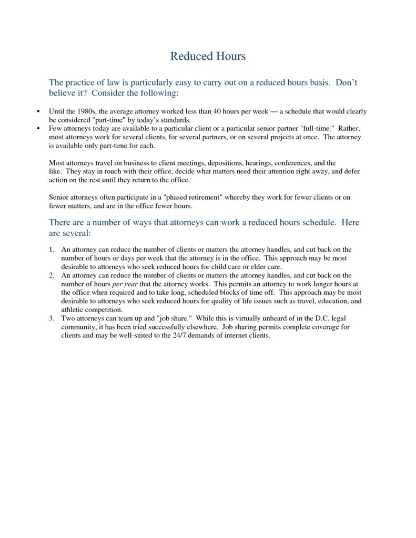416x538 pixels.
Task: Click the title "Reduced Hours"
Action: pyautogui.click(x=208, y=56)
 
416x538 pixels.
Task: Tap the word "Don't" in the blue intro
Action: pyautogui.click(x=347, y=82)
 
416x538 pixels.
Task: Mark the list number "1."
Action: pyautogui.click(x=52, y=250)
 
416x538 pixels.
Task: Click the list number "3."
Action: pyautogui.click(x=52, y=318)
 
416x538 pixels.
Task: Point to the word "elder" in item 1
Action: pyautogui.click(x=251, y=266)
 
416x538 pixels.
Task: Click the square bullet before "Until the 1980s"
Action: pyautogui.click(x=39, y=111)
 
